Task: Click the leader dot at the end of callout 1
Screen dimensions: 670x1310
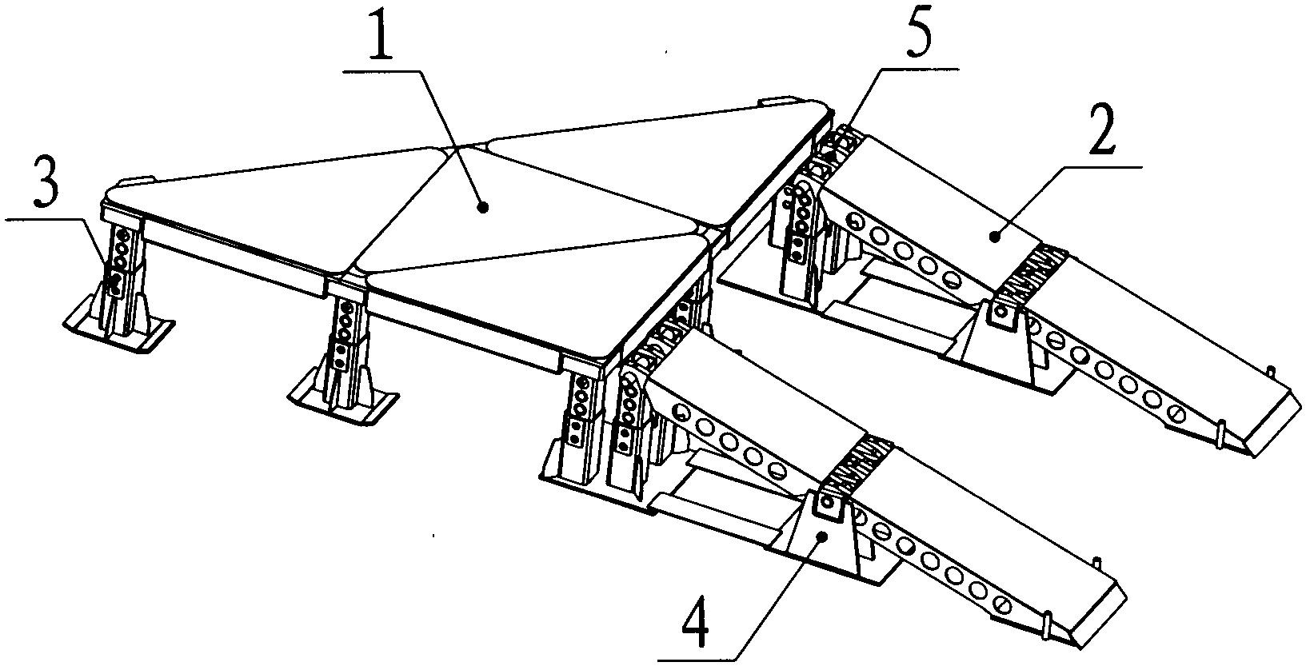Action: tap(482, 207)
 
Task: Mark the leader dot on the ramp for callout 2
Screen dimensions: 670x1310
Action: tap(993, 235)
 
